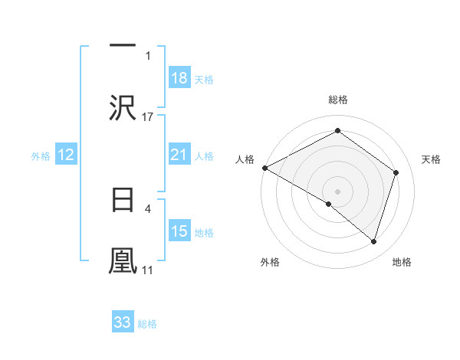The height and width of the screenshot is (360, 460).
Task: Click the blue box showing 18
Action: click(x=179, y=78)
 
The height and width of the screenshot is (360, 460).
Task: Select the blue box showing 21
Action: click(x=179, y=155)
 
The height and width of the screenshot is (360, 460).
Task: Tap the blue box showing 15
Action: click(x=179, y=231)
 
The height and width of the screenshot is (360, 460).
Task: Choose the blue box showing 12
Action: click(x=66, y=155)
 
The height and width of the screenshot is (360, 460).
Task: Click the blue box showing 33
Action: click(x=123, y=322)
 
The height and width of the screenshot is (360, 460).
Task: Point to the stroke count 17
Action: click(x=148, y=116)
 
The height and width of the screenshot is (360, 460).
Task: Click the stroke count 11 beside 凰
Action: click(x=147, y=270)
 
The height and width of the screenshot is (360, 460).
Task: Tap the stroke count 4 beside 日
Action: click(x=148, y=208)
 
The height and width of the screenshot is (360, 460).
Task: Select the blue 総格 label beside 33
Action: click(x=147, y=324)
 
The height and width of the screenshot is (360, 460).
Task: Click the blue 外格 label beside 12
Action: click(x=41, y=156)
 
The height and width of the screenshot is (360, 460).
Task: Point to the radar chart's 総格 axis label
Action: click(x=337, y=100)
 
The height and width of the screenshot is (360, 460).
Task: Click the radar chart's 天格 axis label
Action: click(x=432, y=159)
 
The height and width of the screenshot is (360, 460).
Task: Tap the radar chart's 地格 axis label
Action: click(x=402, y=262)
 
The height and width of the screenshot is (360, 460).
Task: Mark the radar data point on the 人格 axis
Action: click(x=264, y=168)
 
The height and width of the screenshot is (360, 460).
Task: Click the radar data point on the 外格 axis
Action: click(x=329, y=204)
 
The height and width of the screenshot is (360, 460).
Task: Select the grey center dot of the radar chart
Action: click(x=337, y=191)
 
